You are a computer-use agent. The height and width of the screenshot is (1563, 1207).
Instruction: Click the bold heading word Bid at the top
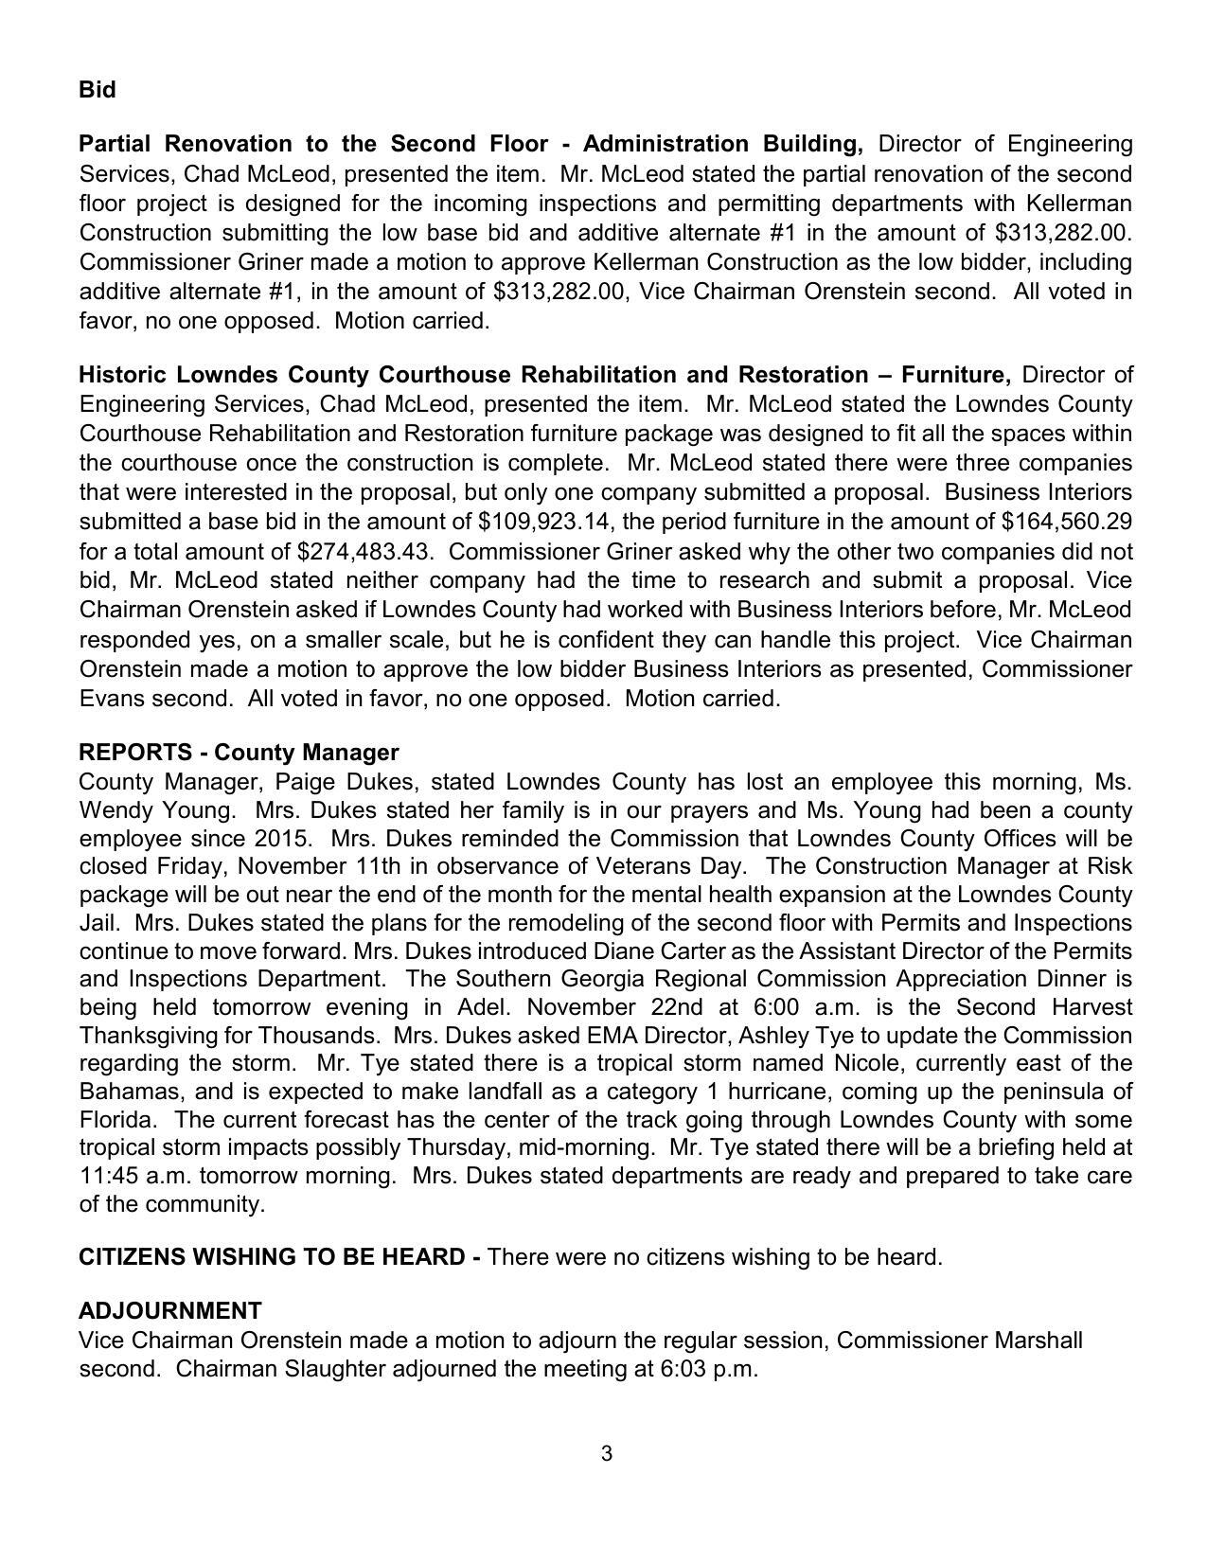[98, 90]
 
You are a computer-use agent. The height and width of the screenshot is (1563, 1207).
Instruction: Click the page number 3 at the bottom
[606, 1453]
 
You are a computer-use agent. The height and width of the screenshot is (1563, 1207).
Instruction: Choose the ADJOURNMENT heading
[170, 1311]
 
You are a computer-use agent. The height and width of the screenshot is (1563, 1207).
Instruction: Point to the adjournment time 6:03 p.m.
[709, 1369]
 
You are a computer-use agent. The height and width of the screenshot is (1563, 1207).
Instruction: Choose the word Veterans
[640, 866]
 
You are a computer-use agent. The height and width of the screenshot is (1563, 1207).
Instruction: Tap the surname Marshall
[1038, 1341]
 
